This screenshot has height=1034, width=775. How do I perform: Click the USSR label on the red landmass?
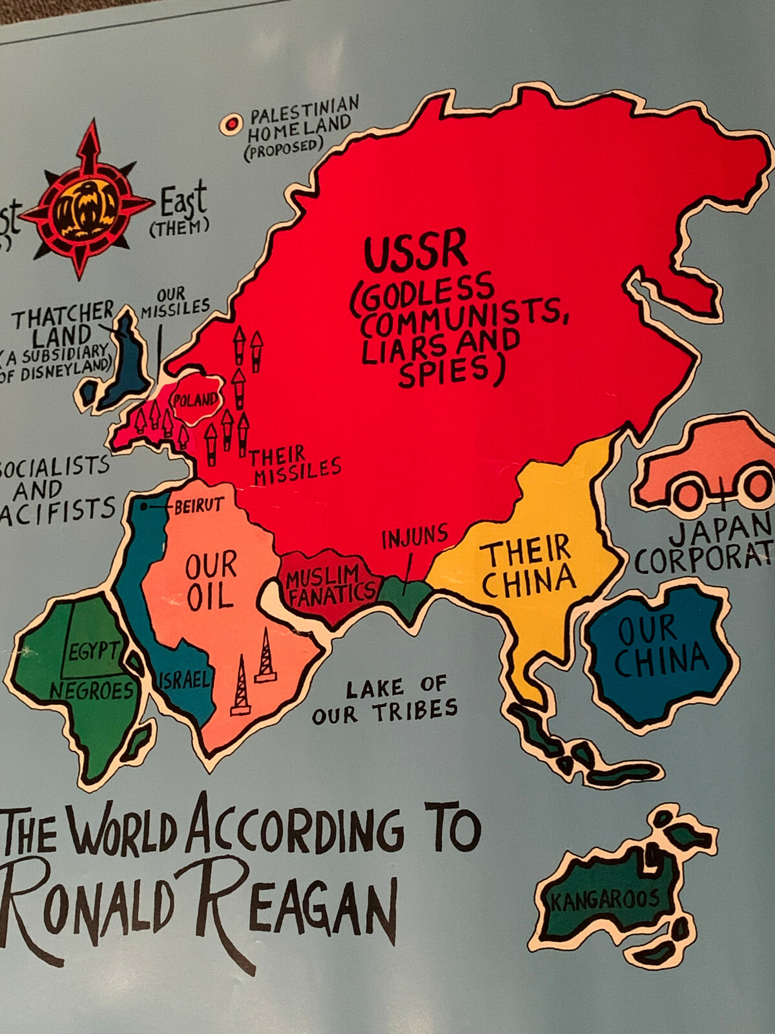[415, 251]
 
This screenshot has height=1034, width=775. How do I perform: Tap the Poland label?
[195, 400]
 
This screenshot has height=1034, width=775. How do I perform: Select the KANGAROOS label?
[605, 899]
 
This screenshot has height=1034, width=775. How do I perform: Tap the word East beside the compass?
[183, 200]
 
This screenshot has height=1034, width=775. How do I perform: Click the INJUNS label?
[415, 536]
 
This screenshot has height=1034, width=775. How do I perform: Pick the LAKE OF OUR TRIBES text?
[386, 700]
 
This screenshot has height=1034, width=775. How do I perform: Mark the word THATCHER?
[63, 315]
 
